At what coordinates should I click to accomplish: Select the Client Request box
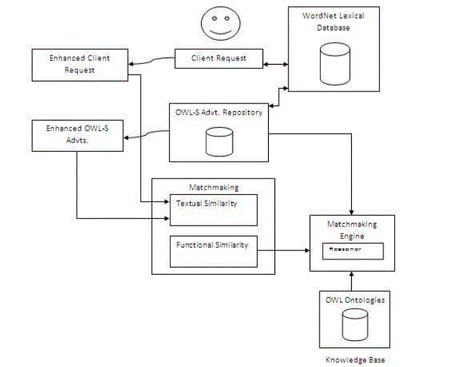tap(219, 58)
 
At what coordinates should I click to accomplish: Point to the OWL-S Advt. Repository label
tap(219, 112)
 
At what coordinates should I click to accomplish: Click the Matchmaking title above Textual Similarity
tap(213, 188)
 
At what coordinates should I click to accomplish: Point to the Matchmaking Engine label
tap(350, 230)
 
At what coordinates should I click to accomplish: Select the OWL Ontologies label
tap(355, 300)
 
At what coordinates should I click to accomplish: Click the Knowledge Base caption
tap(355, 359)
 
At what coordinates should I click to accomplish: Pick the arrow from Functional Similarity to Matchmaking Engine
tap(284, 250)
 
